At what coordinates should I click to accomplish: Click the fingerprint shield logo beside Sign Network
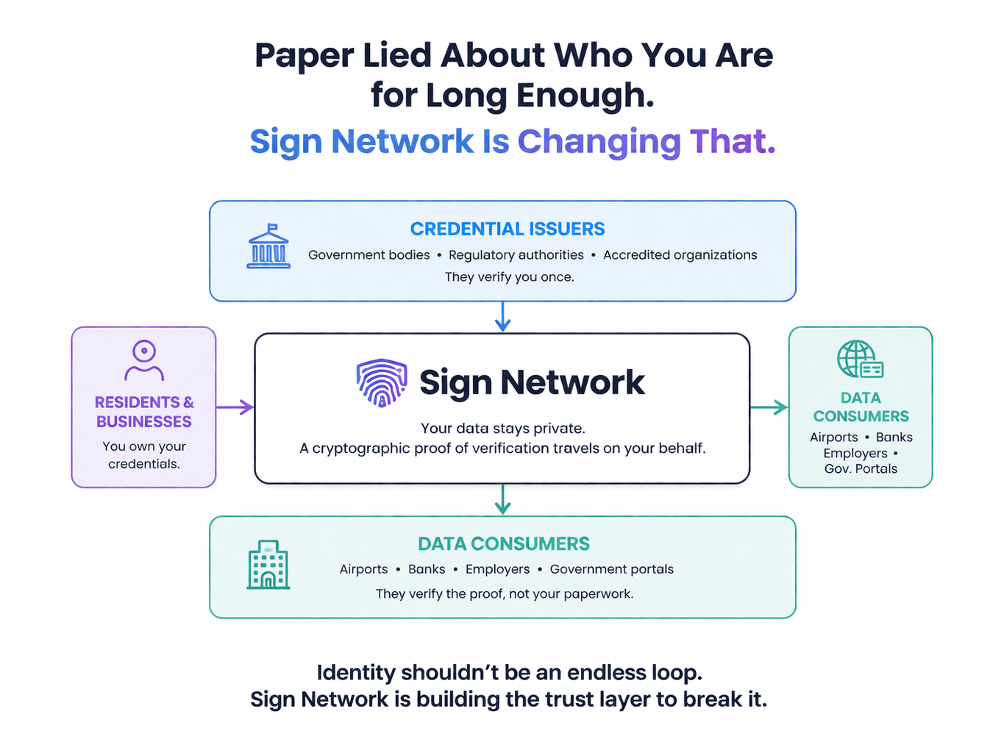tap(381, 382)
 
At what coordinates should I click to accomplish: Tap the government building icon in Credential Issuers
tap(268, 246)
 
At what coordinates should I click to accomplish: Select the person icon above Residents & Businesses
tap(144, 360)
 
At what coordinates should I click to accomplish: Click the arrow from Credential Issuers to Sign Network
tap(502, 316)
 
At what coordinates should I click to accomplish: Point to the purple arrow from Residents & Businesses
tap(235, 407)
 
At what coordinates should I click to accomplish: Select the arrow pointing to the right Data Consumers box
tap(769, 407)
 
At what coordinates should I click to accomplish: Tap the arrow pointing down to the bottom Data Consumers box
tap(502, 499)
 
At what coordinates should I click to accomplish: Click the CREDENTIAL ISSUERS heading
tap(508, 229)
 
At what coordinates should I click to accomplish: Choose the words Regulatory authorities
tap(516, 255)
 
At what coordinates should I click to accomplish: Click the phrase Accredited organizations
tap(680, 255)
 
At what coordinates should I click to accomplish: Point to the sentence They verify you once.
tap(509, 277)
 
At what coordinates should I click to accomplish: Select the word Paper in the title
tap(304, 56)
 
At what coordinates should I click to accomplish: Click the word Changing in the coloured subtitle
tap(599, 142)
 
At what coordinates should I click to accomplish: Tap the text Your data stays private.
tap(502, 429)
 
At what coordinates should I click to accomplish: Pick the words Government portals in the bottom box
tap(611, 569)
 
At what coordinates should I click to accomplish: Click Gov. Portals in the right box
tap(861, 469)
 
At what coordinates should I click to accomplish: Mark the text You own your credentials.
tap(144, 455)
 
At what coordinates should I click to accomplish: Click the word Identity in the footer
tap(356, 673)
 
